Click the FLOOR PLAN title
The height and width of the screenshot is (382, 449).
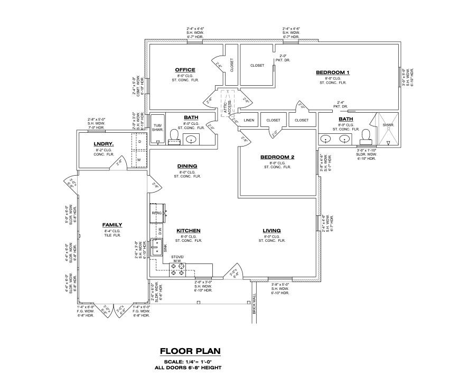coord(190,351)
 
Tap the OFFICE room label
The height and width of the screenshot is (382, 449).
coord(185,70)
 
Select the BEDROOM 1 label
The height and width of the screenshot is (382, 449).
coord(333,72)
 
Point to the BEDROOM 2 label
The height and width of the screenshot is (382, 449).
coord(277,157)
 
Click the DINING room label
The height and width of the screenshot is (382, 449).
coord(187,166)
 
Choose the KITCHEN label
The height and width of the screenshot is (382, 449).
coord(188,231)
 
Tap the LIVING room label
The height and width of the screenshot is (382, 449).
coord(272,231)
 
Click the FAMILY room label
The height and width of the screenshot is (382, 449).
coord(112,225)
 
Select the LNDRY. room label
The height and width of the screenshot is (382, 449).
coord(104,144)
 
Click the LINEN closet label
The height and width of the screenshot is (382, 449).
coord(249,120)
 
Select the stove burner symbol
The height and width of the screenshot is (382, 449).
coord(177,273)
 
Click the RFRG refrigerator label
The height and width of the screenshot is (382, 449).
coord(156,213)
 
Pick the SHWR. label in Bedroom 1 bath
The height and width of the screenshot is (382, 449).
coord(388,125)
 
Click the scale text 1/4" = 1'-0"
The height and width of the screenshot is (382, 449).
coord(190,361)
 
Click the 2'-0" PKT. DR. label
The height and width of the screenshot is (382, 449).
coord(283,58)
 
